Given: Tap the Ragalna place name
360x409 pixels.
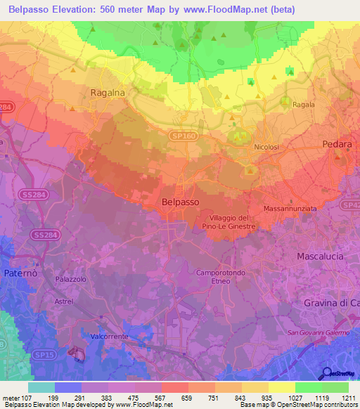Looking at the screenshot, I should pyautogui.click(x=108, y=92).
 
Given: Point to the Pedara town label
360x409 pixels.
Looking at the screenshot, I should pyautogui.click(x=336, y=143).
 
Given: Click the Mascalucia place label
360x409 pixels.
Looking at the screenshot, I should pyautogui.click(x=320, y=257).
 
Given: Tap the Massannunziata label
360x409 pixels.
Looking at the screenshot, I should pyautogui.click(x=292, y=209).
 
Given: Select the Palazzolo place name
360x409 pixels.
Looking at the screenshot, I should pyautogui.click(x=70, y=279).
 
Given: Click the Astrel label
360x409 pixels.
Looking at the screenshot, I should pyautogui.click(x=64, y=301).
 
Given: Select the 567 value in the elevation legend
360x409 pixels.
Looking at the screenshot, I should pyautogui.click(x=150, y=398).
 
